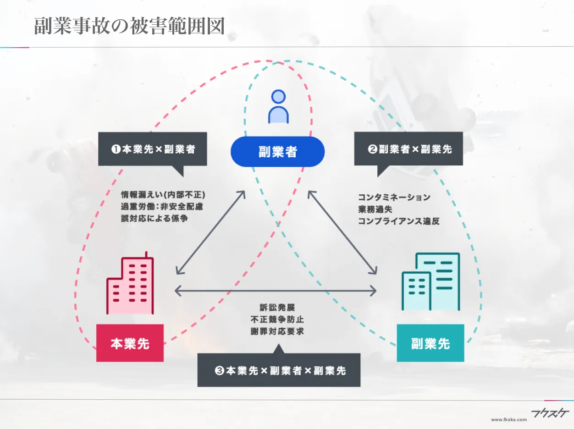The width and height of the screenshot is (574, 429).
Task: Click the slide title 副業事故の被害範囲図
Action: [130, 27]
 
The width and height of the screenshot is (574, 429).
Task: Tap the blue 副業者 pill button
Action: [277, 152]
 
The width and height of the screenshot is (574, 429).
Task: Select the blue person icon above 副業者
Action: [278, 106]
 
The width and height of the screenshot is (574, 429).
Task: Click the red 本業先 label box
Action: [130, 343]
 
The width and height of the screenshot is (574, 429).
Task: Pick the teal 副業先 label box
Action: [430, 343]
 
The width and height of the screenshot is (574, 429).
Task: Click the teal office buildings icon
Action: [430, 281]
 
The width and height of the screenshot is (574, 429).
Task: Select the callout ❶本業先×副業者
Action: [153, 149]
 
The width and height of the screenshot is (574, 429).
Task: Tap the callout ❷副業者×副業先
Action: [408, 149]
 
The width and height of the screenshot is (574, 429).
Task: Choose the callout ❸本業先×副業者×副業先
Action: [279, 370]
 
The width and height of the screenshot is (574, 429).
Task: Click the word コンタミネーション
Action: [394, 198]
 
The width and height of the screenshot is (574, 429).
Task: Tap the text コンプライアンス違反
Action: [399, 221]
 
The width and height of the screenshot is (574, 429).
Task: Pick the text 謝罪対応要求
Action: [277, 331]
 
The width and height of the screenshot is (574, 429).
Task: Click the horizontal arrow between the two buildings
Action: [276, 291]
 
